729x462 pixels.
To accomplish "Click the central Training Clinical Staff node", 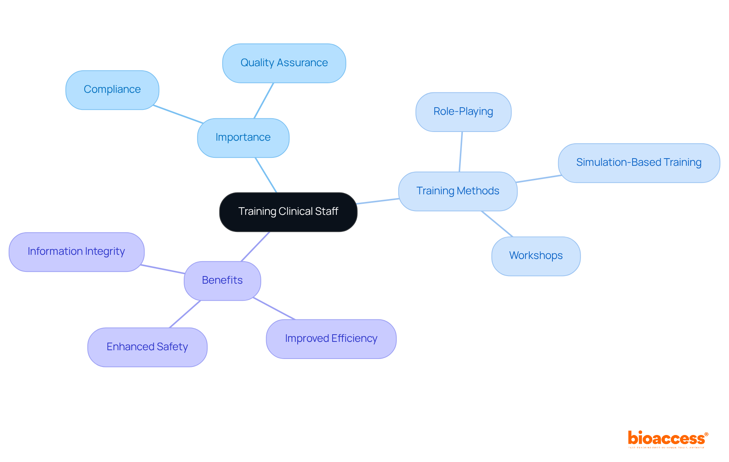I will tap(288, 212).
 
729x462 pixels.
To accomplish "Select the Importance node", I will tap(243, 138).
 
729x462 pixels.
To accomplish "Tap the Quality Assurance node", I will tap(284, 63).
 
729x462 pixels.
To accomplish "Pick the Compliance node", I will tap(112, 90).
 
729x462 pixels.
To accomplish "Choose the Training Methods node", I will tap(458, 191).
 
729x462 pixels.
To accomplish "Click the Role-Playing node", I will tap(463, 112).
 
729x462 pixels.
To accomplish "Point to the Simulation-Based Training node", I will tap(639, 163).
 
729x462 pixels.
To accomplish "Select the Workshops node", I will tap(536, 256).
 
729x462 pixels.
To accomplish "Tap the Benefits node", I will tap(222, 281).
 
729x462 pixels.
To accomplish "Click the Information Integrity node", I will tap(76, 252).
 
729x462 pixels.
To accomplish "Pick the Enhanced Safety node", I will tap(147, 347).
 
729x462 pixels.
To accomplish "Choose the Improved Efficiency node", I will tap(331, 339).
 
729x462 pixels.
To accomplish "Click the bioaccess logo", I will tap(667, 439).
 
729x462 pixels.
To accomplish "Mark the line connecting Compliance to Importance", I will tap(178, 114).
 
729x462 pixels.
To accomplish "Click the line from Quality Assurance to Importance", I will tap(264, 101).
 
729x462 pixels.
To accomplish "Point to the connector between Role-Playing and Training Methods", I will tap(461, 152).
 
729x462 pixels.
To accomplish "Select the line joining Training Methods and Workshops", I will tap(497, 224).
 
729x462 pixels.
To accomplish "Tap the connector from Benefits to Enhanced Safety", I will tap(185, 314).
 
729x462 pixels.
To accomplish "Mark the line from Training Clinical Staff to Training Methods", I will tap(378, 201).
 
